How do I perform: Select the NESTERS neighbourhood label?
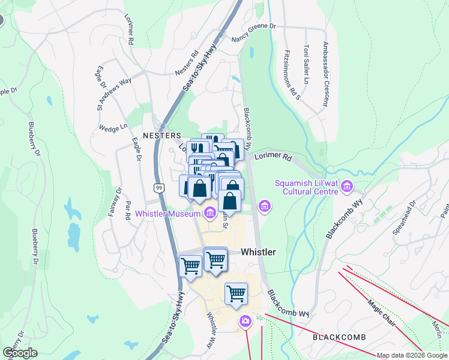point(161,136)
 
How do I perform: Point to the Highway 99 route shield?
point(158,188)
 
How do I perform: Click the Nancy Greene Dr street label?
point(253,31)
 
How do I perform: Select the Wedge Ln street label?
point(113,128)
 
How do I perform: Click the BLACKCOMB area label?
point(339,338)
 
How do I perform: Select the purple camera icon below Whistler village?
point(244,321)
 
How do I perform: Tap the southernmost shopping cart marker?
point(237,293)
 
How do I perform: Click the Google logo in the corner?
point(20,352)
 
